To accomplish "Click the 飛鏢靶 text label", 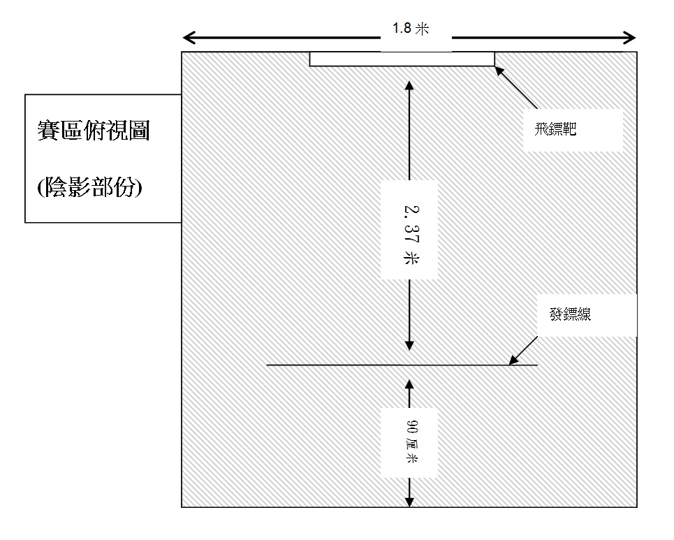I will [552, 129].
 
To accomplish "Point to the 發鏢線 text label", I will [570, 315].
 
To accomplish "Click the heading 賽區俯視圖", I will [94, 131].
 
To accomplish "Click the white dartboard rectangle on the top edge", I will [402, 59].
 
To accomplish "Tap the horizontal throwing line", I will [349, 365].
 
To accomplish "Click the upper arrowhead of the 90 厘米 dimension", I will [409, 382].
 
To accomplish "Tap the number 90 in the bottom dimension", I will [409, 427].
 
